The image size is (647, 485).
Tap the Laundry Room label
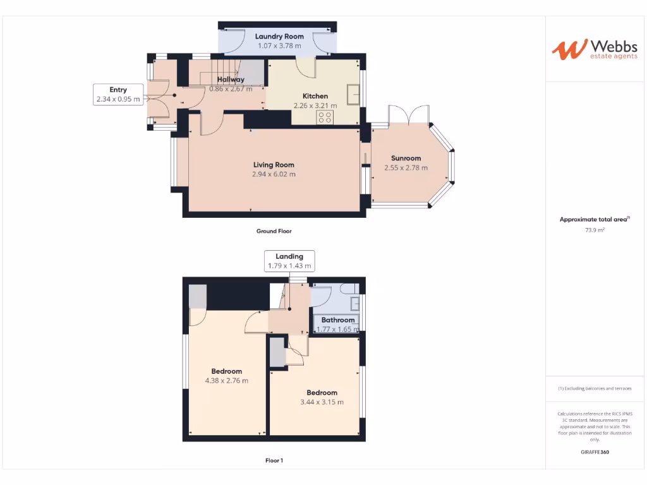279,37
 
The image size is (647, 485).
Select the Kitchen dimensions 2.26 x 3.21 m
315,105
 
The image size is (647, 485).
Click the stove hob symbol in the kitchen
325,117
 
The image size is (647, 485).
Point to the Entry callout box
118,94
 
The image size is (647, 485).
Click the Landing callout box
289,261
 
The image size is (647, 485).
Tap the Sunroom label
406,159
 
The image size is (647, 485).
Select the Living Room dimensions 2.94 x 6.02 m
274,174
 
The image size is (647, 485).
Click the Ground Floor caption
274,231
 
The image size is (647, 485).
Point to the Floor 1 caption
274,460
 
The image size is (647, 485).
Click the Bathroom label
338,320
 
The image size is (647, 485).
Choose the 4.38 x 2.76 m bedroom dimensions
226,381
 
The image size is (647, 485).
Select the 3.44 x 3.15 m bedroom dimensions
322,402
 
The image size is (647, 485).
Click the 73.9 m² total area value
595,231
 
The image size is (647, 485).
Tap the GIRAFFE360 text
595,452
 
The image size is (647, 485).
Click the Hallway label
231,80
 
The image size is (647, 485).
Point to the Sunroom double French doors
409,115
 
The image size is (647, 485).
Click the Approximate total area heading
595,219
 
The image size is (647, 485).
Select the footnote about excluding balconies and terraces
595,388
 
